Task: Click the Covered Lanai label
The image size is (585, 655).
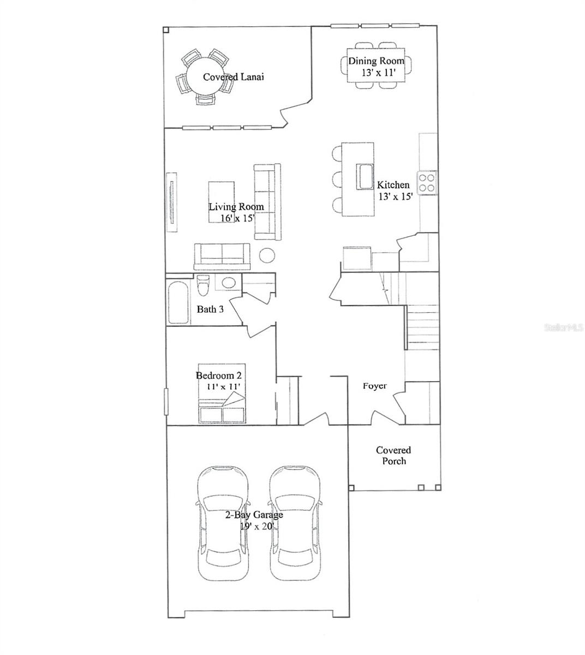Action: click(234, 77)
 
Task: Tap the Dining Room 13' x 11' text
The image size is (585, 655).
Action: click(376, 67)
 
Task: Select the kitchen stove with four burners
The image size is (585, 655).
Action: click(427, 183)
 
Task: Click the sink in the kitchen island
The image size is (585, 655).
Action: click(365, 176)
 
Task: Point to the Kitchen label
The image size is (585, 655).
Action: click(393, 185)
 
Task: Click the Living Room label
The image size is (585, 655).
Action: click(236, 206)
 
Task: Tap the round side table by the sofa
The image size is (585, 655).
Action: click(267, 255)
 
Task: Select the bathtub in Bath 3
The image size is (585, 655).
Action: click(178, 302)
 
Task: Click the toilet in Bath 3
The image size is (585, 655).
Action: click(203, 285)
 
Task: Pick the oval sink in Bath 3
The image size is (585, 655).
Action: click(229, 283)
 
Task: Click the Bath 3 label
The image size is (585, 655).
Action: click(210, 309)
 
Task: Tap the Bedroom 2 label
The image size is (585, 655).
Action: click(218, 376)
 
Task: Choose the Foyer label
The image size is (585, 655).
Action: click(374, 386)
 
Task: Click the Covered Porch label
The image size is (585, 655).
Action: click(393, 456)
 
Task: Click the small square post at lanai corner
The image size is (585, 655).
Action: click(166, 30)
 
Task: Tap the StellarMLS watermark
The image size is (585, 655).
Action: click(564, 327)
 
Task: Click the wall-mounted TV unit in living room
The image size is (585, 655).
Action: click(171, 202)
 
